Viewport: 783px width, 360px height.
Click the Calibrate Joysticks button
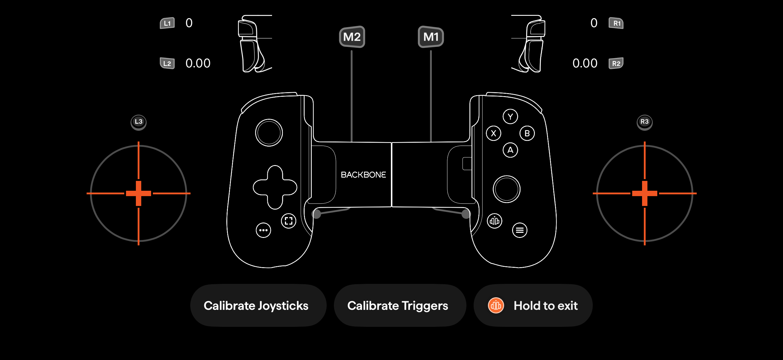pos(258,305)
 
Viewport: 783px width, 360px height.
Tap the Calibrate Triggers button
pos(400,305)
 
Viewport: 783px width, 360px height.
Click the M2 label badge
pos(352,37)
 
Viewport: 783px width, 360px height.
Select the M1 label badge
pos(431,37)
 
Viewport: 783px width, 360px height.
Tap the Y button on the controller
pos(510,116)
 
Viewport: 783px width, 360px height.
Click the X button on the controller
pos(494,133)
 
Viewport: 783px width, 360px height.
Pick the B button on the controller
pos(527,133)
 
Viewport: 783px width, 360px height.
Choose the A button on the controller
pos(510,150)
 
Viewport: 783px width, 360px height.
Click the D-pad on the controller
pos(275,187)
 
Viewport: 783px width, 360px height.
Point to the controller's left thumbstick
pos(269,133)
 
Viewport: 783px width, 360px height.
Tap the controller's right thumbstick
pos(506,189)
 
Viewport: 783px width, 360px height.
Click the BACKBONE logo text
pos(363,175)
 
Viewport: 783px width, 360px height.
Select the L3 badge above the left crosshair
pos(139,122)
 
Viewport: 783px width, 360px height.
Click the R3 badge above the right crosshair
pos(644,122)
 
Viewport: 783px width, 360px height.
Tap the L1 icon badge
pos(167,23)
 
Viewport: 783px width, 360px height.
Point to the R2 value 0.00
pos(585,63)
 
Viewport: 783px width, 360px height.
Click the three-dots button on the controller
pos(263,230)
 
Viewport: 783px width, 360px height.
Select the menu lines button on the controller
pos(520,230)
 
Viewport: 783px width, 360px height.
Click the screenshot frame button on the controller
pos(288,221)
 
